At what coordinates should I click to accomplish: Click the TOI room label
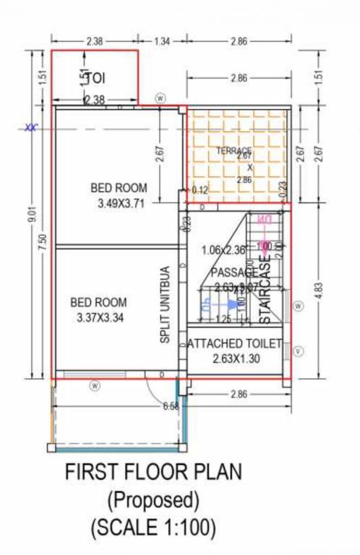pos(95,77)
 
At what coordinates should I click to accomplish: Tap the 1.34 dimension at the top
pos(161,41)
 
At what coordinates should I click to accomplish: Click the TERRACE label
pos(233,150)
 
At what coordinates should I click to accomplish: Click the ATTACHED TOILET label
pos(234,345)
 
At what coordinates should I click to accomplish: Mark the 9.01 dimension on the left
pos(30,216)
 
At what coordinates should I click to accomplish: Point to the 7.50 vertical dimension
pos(43,244)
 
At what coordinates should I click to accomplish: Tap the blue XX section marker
pos(30,129)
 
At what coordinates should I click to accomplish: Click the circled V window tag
pos(299,352)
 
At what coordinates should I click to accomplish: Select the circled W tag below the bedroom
pos(94,385)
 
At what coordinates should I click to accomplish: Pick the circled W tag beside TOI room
pos(160,98)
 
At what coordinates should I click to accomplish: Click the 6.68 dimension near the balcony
pos(171,405)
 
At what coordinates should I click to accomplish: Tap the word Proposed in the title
pos(153,499)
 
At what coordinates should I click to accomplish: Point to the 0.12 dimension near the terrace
pos(200,190)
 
